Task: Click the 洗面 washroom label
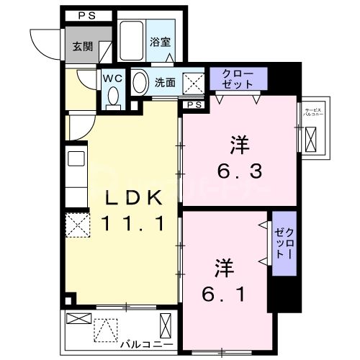pos(166,82)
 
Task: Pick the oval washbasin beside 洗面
pos(140,81)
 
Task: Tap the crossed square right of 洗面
pos(193,82)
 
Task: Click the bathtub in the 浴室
pos(131,42)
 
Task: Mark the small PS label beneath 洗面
pos(194,104)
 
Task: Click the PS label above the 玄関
pos(86,15)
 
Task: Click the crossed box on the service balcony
pos(312,138)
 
